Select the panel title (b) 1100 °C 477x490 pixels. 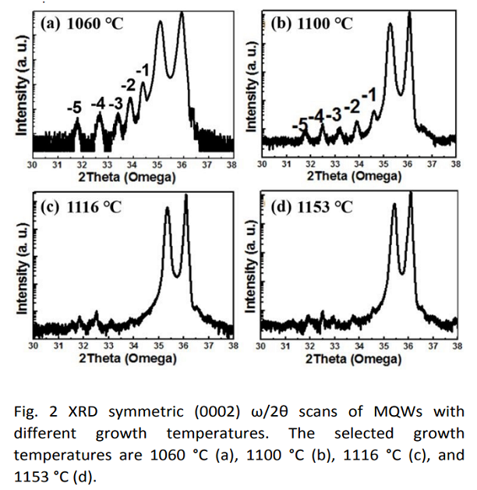(311, 23)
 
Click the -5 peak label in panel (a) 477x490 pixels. (74, 108)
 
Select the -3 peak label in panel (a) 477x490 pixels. (115, 102)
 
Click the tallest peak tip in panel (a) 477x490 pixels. (182, 12)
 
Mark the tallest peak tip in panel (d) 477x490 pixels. (410, 193)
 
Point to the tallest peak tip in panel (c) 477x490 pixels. (185, 195)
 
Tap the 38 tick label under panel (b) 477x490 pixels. (456, 165)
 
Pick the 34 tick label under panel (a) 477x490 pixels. (131, 165)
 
